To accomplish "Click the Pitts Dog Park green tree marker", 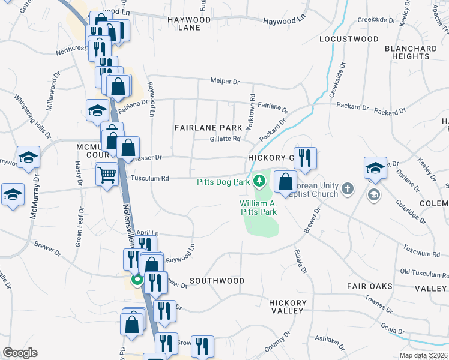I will click(x=259, y=180).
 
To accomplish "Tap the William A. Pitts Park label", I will click(x=258, y=208).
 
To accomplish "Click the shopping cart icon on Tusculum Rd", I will click(x=107, y=175).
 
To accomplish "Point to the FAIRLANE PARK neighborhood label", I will click(x=208, y=128).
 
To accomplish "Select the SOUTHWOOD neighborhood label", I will click(x=217, y=281).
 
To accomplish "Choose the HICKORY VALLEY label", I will click(x=286, y=307).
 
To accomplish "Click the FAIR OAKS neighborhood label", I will click(x=369, y=287).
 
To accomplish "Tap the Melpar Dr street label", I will click(x=224, y=81).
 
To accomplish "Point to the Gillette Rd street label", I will click(x=225, y=139).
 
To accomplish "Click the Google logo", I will click(x=20, y=353).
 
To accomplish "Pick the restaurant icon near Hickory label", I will click(x=304, y=158).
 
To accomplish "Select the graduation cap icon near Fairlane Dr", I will click(x=97, y=110).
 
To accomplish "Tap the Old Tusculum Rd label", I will click(x=423, y=272).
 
